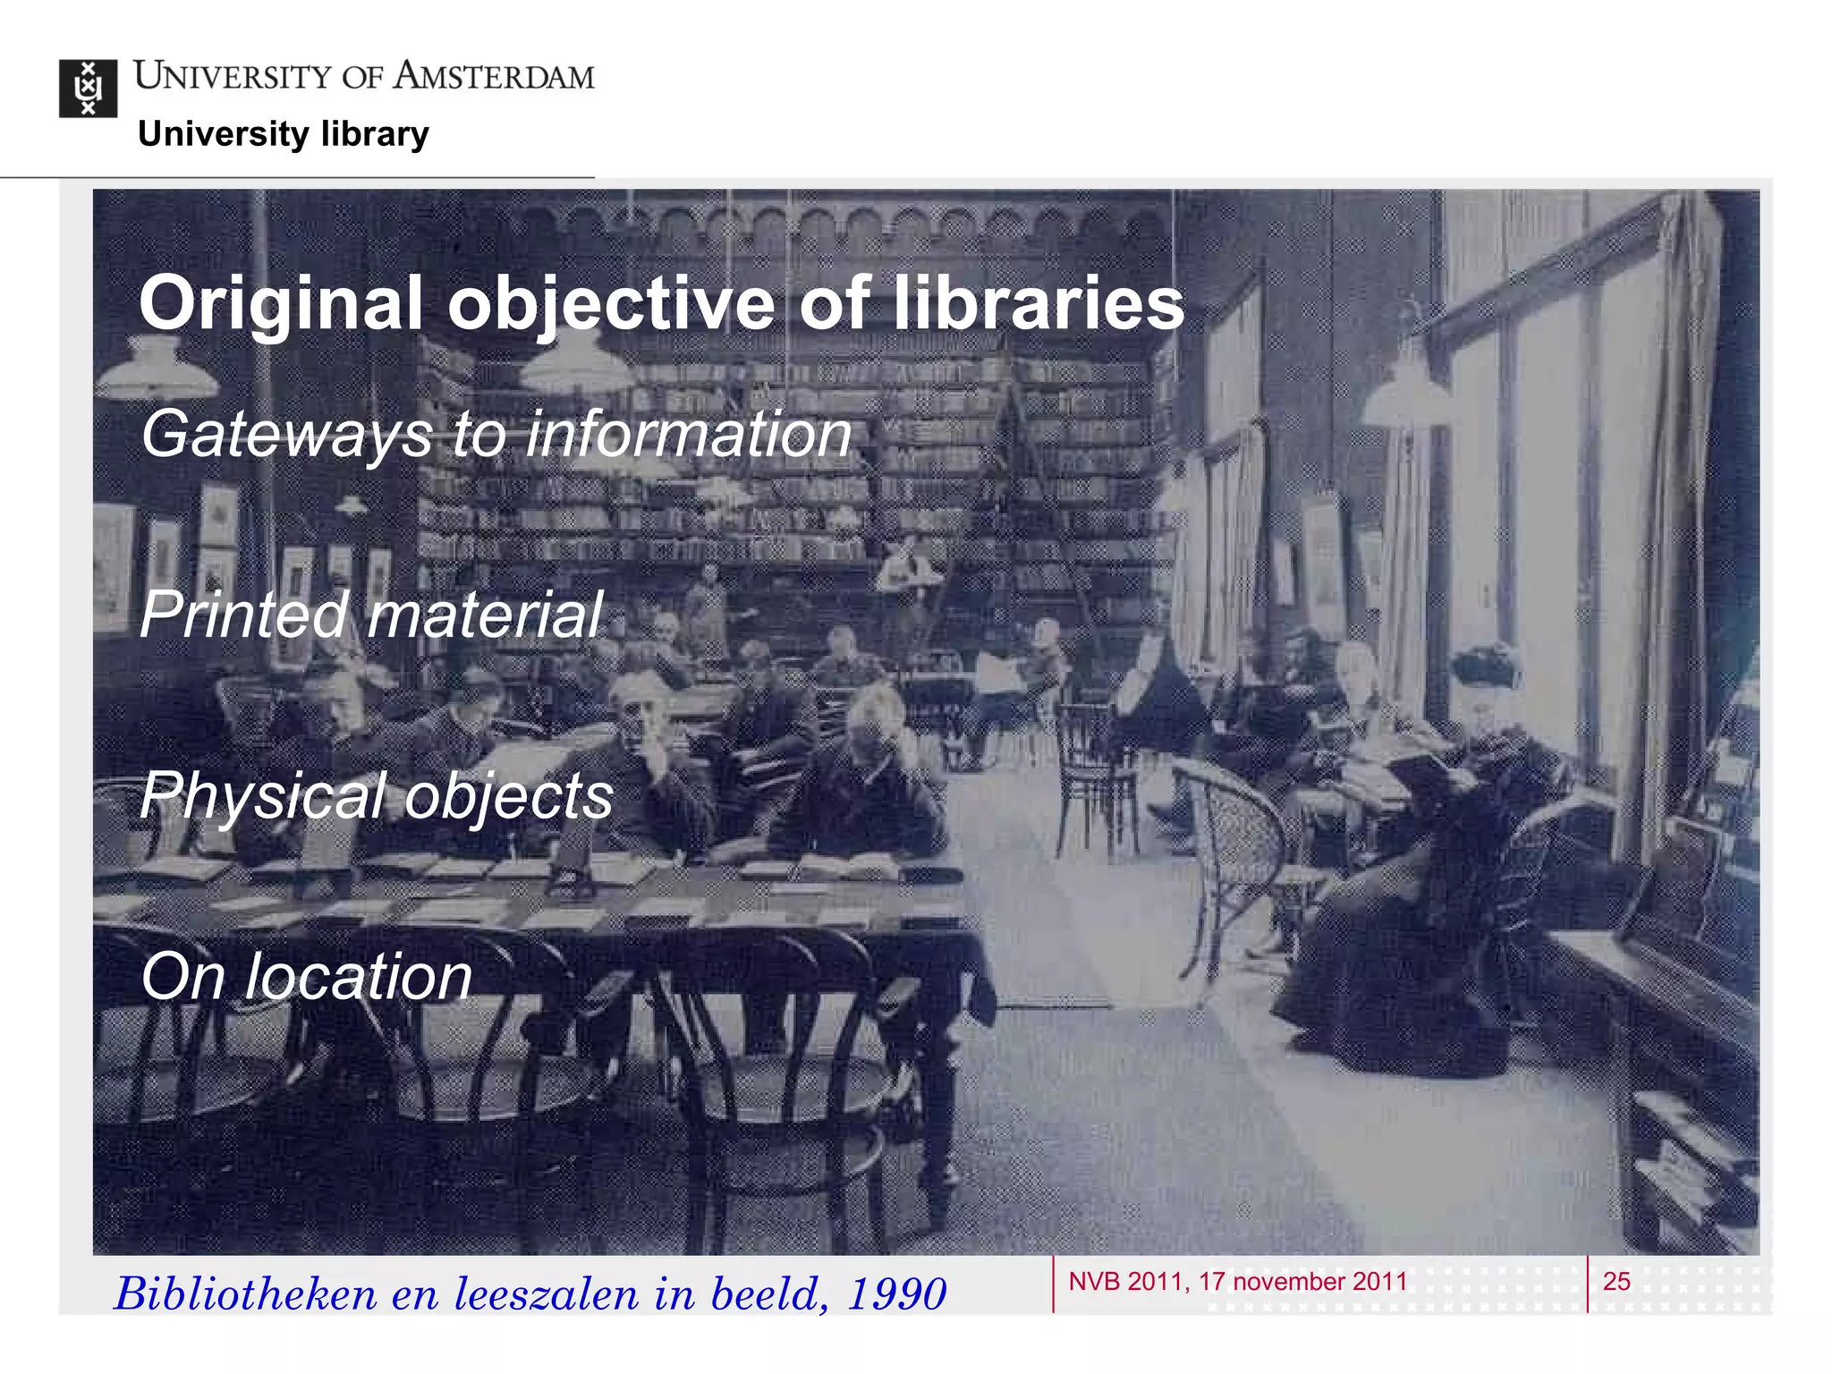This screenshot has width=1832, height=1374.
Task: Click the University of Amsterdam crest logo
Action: pyautogui.click(x=88, y=88)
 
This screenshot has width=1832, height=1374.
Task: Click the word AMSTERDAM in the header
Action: pyautogui.click(x=494, y=76)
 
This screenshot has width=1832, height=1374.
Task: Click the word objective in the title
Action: pyautogui.click(x=611, y=304)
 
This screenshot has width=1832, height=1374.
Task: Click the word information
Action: pyautogui.click(x=689, y=434)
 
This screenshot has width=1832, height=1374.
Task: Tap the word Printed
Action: pyautogui.click(x=243, y=615)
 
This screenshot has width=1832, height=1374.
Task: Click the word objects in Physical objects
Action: pyautogui.click(x=509, y=796)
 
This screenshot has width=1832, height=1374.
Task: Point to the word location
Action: pyautogui.click(x=358, y=976)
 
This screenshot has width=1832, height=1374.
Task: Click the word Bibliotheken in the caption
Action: pyautogui.click(x=246, y=1293)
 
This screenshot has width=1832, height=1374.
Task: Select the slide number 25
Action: pyautogui.click(x=1616, y=1281)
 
